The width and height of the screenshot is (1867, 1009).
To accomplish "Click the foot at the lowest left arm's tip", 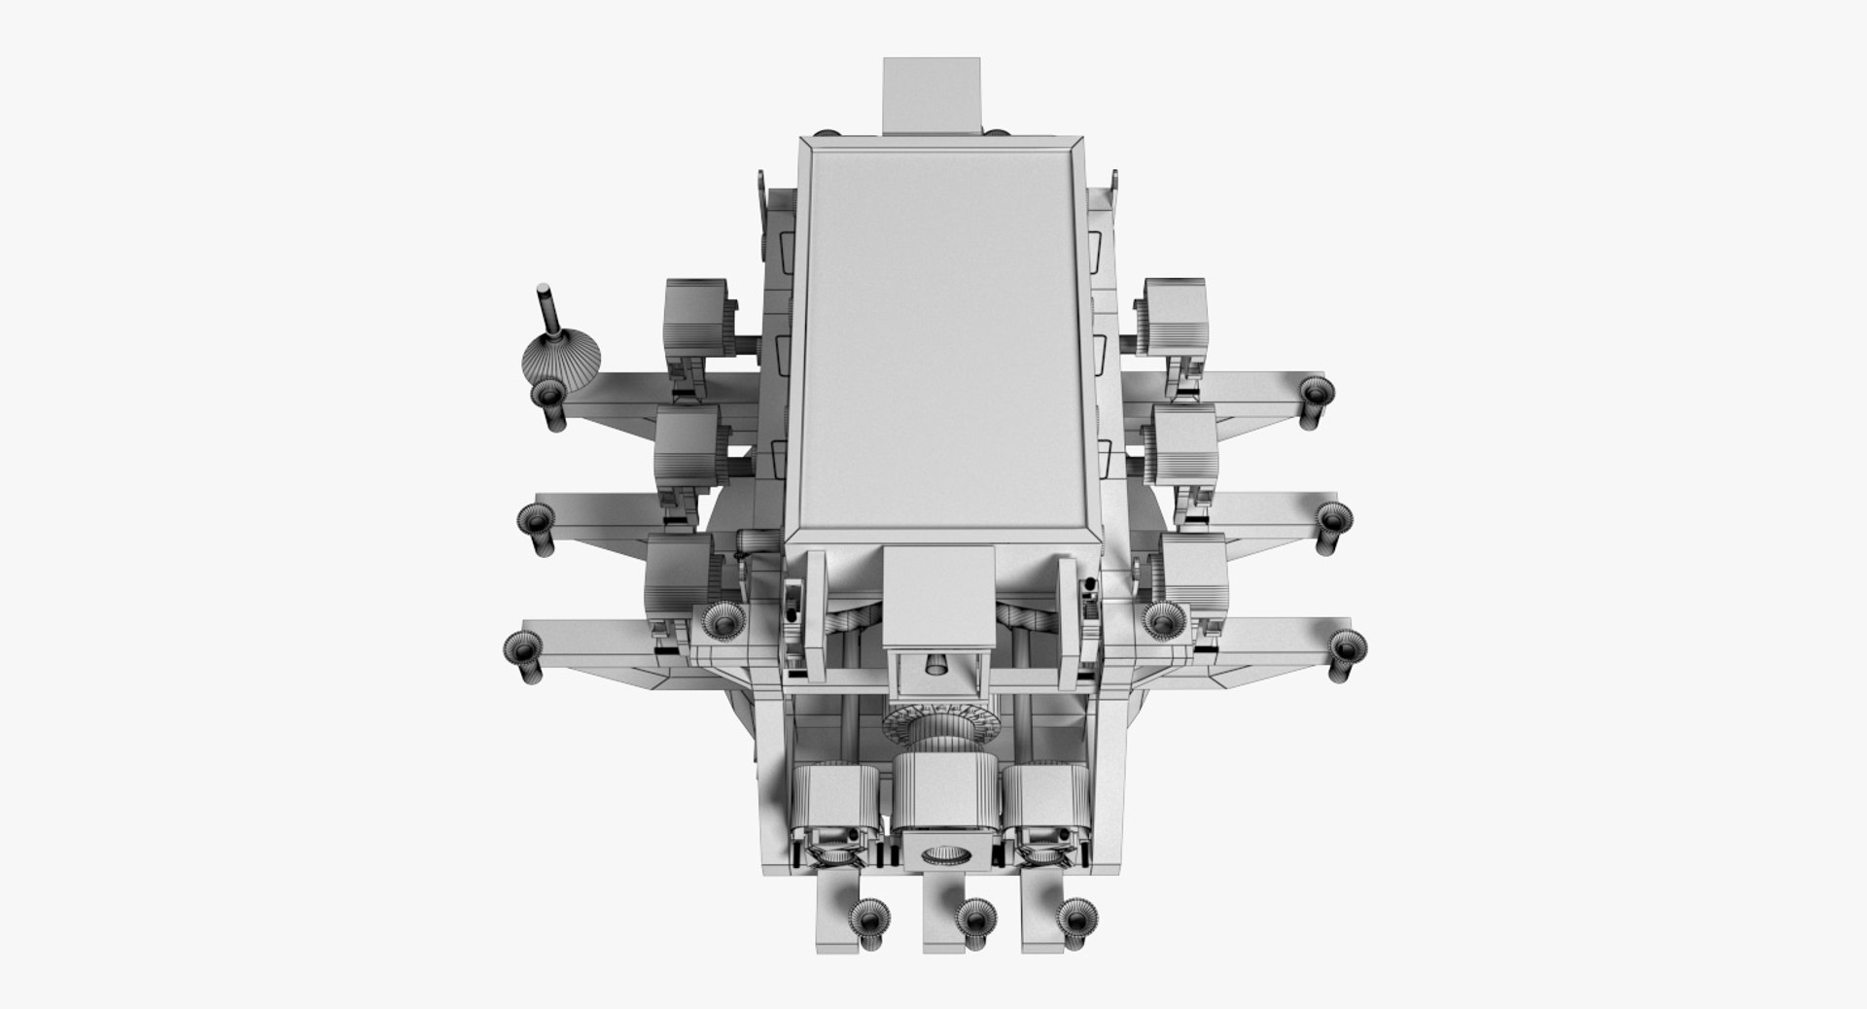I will (524, 646).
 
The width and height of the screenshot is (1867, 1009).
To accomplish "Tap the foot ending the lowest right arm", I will (1345, 645).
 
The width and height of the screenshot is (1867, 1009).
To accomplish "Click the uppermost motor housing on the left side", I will (696, 317).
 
